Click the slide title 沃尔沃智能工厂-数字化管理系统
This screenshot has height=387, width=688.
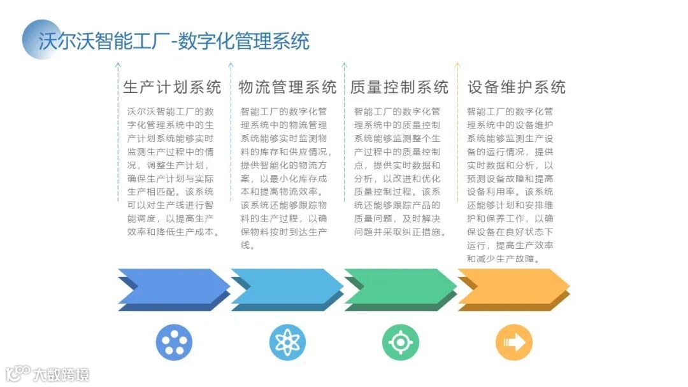click(x=174, y=41)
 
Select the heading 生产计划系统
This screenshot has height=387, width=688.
click(x=172, y=87)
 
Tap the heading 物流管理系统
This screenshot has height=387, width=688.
click(x=287, y=87)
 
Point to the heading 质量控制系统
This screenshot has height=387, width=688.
click(x=399, y=87)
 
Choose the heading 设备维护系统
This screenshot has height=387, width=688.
click(x=517, y=87)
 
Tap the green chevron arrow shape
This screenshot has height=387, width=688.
click(x=400, y=287)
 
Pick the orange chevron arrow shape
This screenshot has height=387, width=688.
click(x=513, y=287)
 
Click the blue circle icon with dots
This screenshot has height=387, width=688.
click(x=174, y=342)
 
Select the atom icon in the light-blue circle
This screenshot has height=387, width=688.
click(x=287, y=342)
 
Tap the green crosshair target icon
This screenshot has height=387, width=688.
click(x=400, y=342)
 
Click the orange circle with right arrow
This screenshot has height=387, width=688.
click(x=513, y=342)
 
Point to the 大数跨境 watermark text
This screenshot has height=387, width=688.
click(x=61, y=374)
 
